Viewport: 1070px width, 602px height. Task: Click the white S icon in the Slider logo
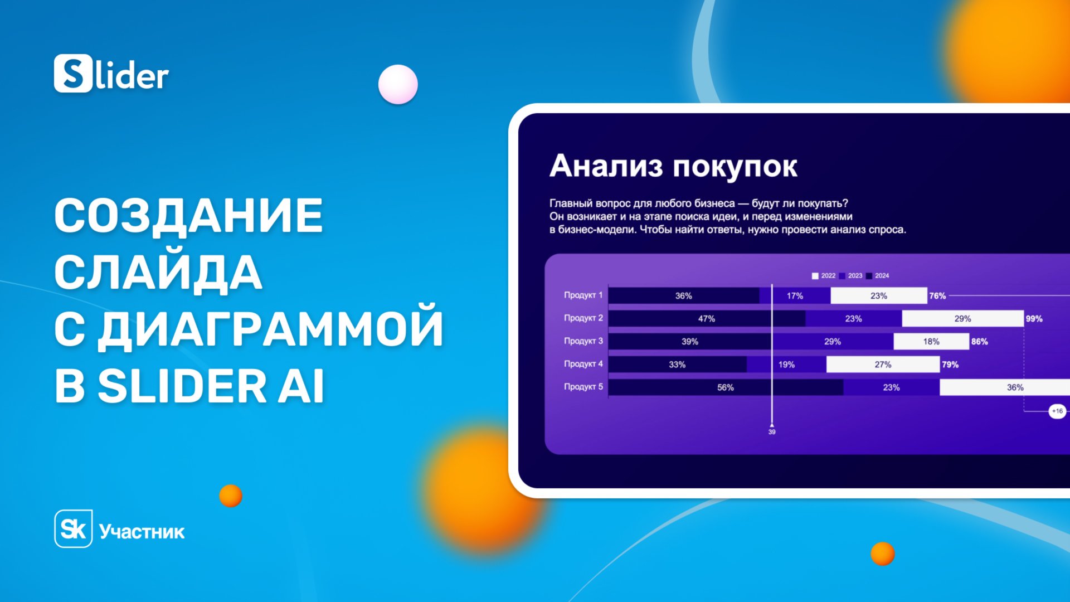tap(73, 74)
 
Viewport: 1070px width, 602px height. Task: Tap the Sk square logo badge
tap(73, 528)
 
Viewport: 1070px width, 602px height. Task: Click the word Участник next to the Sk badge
tap(142, 532)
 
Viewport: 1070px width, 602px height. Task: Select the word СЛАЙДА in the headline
tap(158, 273)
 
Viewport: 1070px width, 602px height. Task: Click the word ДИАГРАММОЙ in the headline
tap(271, 329)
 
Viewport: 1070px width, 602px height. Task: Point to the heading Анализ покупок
tap(673, 166)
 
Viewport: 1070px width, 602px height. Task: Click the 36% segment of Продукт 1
tap(683, 296)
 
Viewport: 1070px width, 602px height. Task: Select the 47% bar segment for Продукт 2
tap(706, 319)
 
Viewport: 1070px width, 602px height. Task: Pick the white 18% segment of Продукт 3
tap(931, 342)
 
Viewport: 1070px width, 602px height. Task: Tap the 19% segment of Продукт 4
tap(786, 365)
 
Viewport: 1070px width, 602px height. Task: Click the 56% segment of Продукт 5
tap(725, 387)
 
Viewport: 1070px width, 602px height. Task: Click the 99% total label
tap(1034, 319)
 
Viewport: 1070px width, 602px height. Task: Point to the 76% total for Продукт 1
tap(937, 296)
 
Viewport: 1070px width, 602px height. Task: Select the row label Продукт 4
tap(583, 364)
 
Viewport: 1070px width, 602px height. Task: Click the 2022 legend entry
tap(824, 276)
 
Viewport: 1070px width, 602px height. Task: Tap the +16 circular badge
tap(1057, 411)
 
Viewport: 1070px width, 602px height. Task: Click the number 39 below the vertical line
tap(772, 432)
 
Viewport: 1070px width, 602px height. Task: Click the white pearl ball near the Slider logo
tap(398, 84)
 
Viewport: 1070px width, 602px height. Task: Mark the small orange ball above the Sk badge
tap(231, 496)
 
